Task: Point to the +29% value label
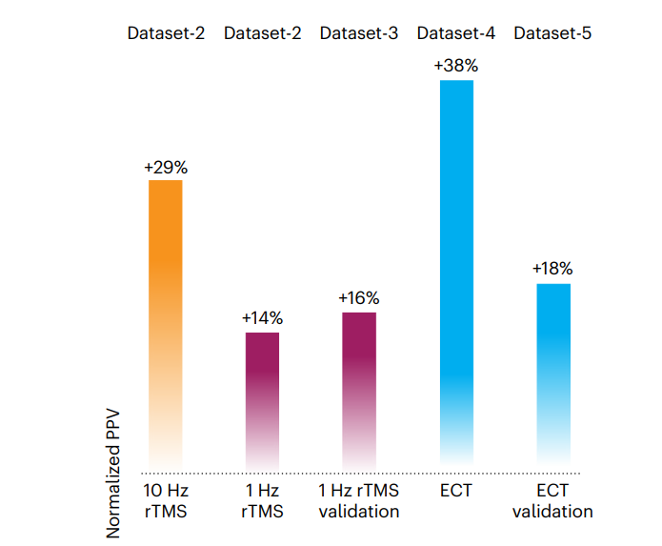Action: (166, 167)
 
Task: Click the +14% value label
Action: (262, 318)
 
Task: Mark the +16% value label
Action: (359, 298)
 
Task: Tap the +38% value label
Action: (456, 67)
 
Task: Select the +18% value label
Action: (553, 270)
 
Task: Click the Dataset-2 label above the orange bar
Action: (167, 33)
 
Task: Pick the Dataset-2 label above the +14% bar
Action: (263, 33)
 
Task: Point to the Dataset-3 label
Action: (359, 33)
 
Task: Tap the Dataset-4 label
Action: (456, 33)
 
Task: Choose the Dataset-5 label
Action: (552, 33)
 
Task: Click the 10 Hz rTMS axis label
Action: (166, 501)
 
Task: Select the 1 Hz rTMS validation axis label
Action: (359, 501)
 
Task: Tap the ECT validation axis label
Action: (552, 501)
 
